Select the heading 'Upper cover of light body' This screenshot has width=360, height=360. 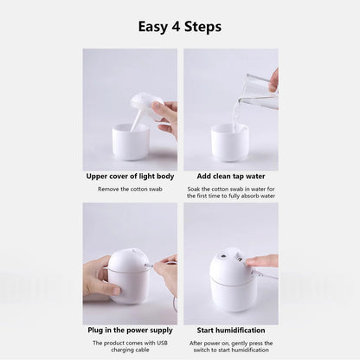point(130,176)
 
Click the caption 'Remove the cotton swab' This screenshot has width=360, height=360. point(130,188)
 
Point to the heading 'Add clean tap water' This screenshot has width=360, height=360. point(230,176)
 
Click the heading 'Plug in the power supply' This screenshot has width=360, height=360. point(130,330)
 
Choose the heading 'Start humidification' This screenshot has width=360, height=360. point(230,330)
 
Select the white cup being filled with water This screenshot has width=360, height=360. point(229,141)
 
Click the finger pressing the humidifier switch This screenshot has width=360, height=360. point(260,260)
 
